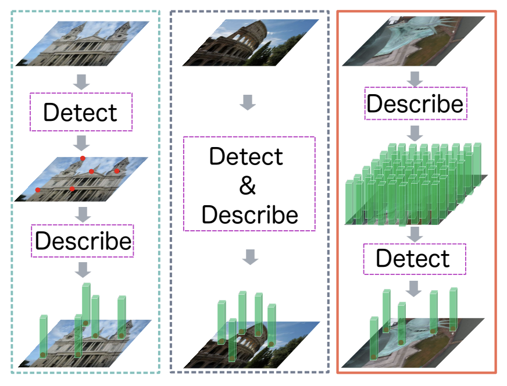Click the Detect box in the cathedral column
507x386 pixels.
coord(81,112)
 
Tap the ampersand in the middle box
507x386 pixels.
coord(248,185)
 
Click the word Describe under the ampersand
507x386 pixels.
coord(249,215)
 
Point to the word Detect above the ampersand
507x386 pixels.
coord(247,157)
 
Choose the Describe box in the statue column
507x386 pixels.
coord(415,103)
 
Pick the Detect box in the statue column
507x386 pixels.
coord(413,258)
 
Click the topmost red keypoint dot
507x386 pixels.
coord(83,158)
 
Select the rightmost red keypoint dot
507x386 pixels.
coord(117,171)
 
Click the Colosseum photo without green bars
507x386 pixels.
coord(250,42)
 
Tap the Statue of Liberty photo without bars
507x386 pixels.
coord(413,41)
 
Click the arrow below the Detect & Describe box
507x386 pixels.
coord(249,256)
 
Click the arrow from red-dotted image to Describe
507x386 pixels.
coord(83,215)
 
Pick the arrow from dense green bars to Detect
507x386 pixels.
coord(414,234)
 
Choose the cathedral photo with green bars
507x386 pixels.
coord(84,344)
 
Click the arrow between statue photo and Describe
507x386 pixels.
coord(414,78)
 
